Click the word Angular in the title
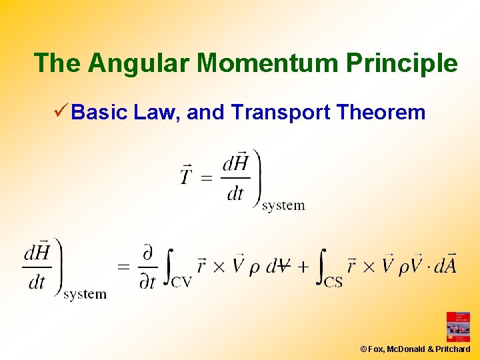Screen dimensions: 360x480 pos(140,63)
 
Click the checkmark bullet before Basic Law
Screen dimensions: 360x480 pos(59,112)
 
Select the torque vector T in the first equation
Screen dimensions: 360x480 pos(188,176)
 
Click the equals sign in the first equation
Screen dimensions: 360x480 pos(207,178)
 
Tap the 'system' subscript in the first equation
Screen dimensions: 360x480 pos(283,205)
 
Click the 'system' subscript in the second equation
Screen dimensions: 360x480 pos(85,294)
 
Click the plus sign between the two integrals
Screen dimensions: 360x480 pos(303,267)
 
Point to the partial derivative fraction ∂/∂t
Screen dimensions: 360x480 pos(148,267)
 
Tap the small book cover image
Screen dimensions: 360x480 pos(458,327)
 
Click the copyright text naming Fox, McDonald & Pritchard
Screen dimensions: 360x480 pos(415,349)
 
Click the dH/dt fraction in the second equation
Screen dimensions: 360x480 pos(37,267)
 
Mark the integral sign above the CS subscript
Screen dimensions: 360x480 pos(322,263)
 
